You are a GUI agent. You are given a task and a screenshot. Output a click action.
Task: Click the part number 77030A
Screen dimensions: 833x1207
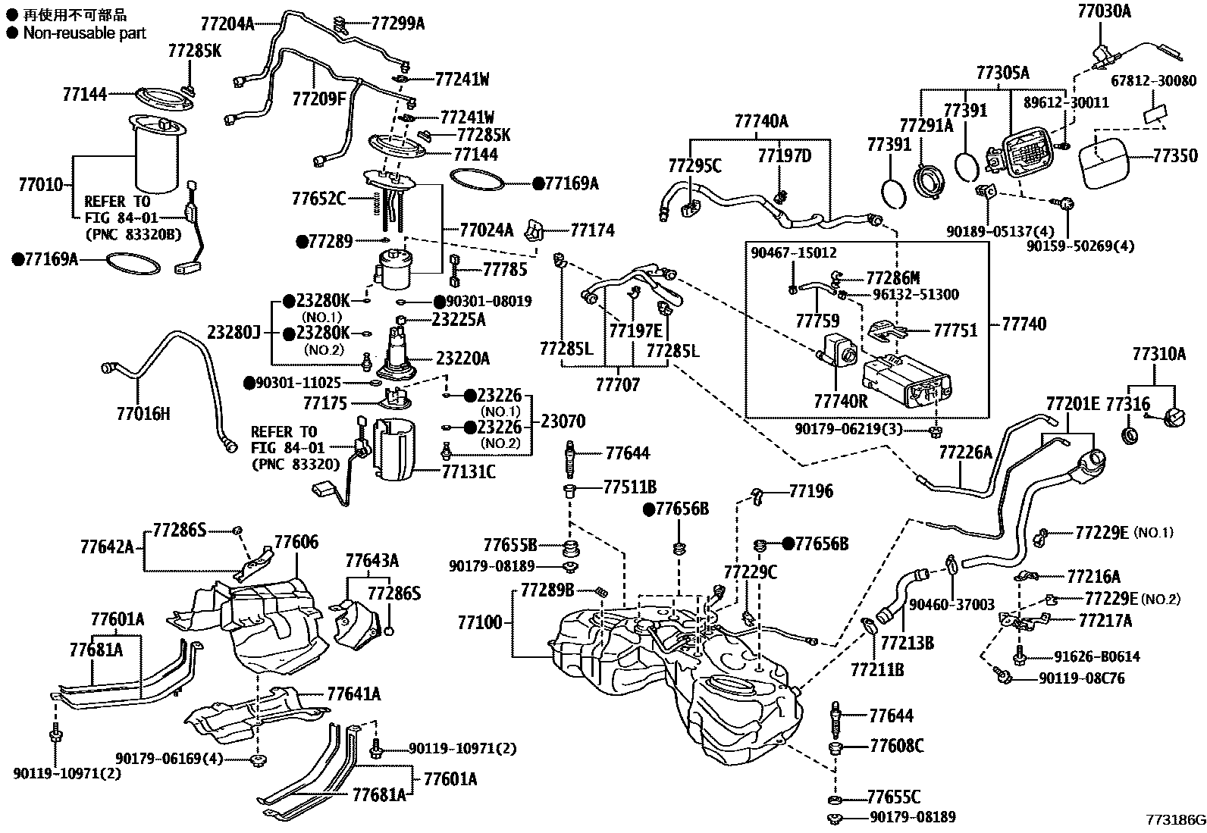click(x=1104, y=11)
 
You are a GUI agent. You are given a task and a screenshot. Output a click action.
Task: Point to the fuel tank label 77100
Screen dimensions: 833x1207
click(x=479, y=622)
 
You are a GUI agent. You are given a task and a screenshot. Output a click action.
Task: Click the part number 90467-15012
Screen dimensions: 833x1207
click(x=794, y=252)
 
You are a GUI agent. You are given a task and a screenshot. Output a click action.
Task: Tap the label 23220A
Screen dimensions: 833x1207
click(x=462, y=358)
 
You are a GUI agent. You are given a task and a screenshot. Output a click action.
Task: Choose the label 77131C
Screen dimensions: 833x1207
click(x=469, y=472)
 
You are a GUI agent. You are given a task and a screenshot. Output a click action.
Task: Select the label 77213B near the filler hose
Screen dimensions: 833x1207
click(x=908, y=643)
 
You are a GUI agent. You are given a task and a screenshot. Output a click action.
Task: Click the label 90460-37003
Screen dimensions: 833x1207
click(x=951, y=604)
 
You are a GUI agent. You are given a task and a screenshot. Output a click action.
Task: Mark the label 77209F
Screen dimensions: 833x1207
click(x=318, y=98)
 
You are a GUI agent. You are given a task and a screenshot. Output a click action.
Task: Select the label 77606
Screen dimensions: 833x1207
click(x=296, y=542)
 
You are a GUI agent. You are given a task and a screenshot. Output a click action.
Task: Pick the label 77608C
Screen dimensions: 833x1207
click(x=896, y=746)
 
